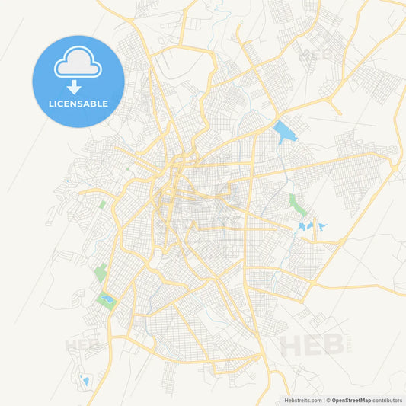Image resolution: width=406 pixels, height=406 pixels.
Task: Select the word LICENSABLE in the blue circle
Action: (x=78, y=103)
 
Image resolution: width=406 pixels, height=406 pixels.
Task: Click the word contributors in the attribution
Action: (x=387, y=399)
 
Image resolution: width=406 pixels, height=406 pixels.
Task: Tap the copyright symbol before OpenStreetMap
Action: (x=328, y=399)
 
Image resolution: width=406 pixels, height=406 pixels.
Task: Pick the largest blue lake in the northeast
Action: (x=283, y=132)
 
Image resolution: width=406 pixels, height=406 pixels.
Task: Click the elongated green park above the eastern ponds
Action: (x=296, y=204)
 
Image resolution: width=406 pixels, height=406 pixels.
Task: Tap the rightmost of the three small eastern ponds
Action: (x=322, y=227)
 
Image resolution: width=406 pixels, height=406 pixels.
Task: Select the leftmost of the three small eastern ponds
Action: (x=302, y=227)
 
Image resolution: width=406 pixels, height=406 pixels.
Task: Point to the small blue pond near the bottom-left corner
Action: (x=85, y=381)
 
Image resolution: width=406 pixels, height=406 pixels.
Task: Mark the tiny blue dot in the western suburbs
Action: (x=66, y=181)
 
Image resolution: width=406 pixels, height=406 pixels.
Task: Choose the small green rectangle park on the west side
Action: (x=103, y=204)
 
